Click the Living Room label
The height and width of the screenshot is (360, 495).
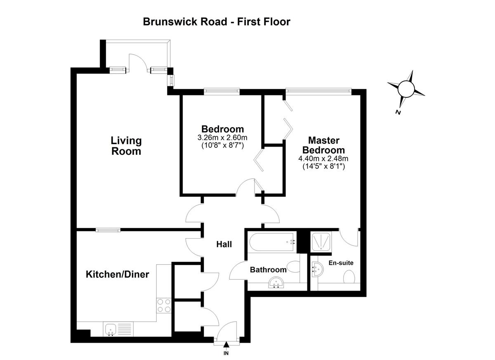click(x=126, y=146)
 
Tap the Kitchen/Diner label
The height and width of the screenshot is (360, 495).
click(x=117, y=275)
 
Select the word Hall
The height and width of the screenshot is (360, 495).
click(x=224, y=244)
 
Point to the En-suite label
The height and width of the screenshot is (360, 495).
click(x=341, y=263)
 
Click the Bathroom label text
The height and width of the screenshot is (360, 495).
click(x=268, y=270)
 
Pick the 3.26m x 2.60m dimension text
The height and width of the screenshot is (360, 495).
click(x=222, y=137)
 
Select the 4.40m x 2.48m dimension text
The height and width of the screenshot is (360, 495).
click(x=323, y=159)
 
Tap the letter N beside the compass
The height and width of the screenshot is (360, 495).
click(x=398, y=112)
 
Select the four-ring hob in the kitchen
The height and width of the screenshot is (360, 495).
click(x=164, y=306)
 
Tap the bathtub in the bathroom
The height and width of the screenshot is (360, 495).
click(x=272, y=242)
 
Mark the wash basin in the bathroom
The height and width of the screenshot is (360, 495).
click(x=276, y=283)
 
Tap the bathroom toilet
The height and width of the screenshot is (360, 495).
click(x=294, y=267)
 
